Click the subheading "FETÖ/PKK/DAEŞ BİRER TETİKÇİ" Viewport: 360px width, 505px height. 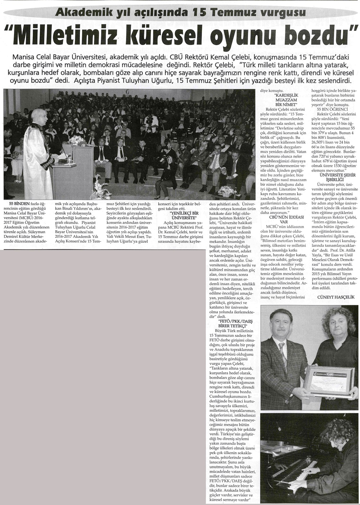235,324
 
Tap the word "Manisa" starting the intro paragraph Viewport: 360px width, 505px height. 25,57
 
